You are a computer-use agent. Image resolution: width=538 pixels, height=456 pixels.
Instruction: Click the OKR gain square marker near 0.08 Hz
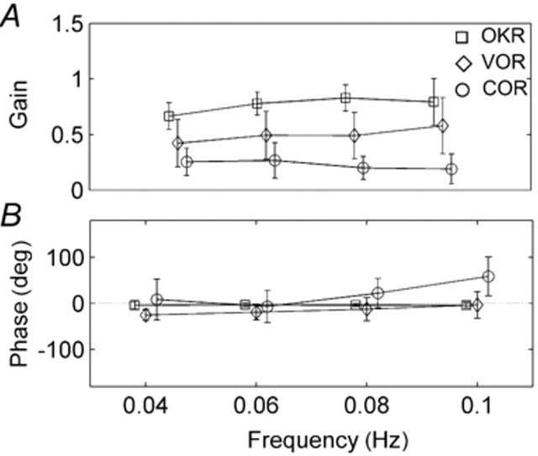pos(345,98)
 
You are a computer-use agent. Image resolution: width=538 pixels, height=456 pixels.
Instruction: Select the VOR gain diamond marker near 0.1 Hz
pos(443,126)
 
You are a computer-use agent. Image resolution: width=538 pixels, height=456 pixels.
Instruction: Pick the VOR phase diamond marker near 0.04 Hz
pos(145,315)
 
